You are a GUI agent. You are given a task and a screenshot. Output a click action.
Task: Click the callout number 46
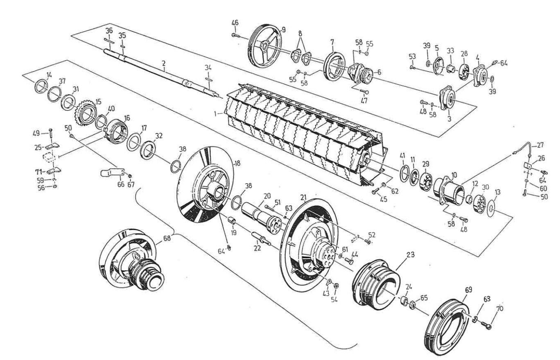tap(235, 22)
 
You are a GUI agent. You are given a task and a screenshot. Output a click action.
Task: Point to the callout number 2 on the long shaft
tap(163, 63)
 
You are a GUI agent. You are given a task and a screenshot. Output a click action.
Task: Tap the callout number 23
tap(410, 254)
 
